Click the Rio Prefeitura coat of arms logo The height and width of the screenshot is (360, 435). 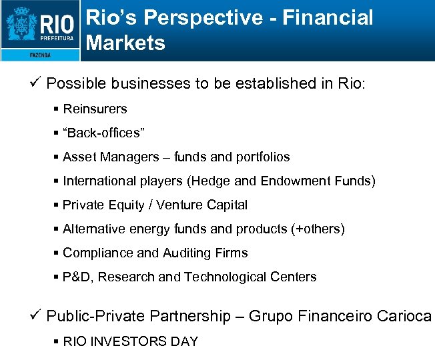[x=21, y=27]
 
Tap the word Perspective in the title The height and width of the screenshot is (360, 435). [x=217, y=18]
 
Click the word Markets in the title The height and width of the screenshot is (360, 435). [x=125, y=43]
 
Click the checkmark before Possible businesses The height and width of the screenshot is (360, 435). [x=36, y=83]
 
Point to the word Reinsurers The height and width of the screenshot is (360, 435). [x=95, y=109]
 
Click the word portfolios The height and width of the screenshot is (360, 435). [x=262, y=157]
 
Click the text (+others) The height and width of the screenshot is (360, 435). [x=318, y=229]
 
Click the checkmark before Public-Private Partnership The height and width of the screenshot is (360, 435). [x=36, y=315]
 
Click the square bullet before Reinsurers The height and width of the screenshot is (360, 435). [x=56, y=109]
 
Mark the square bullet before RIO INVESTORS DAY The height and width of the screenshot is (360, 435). [x=56, y=341]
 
